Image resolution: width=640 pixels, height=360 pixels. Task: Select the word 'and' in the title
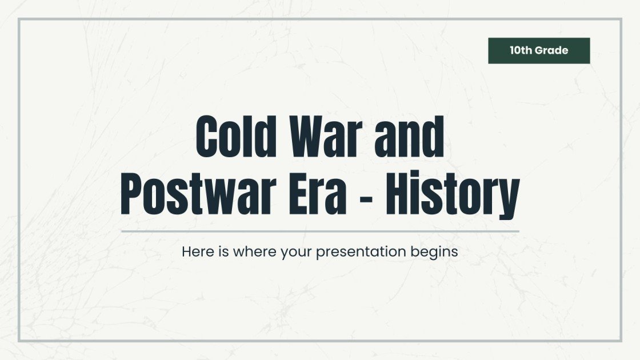pyautogui.click(x=412, y=139)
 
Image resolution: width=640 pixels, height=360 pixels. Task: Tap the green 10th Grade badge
pyautogui.click(x=538, y=50)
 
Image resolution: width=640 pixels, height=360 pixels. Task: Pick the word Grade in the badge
pyautogui.click(x=552, y=50)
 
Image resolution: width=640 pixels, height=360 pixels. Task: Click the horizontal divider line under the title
pyautogui.click(x=319, y=231)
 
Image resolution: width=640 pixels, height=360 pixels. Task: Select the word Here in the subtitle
pyautogui.click(x=194, y=251)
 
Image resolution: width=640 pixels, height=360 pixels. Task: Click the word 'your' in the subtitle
pyautogui.click(x=296, y=252)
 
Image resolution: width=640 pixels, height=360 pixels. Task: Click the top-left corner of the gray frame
pyautogui.click(x=19, y=19)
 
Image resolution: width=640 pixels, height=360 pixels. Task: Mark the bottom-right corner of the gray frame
pyautogui.click(x=621, y=341)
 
